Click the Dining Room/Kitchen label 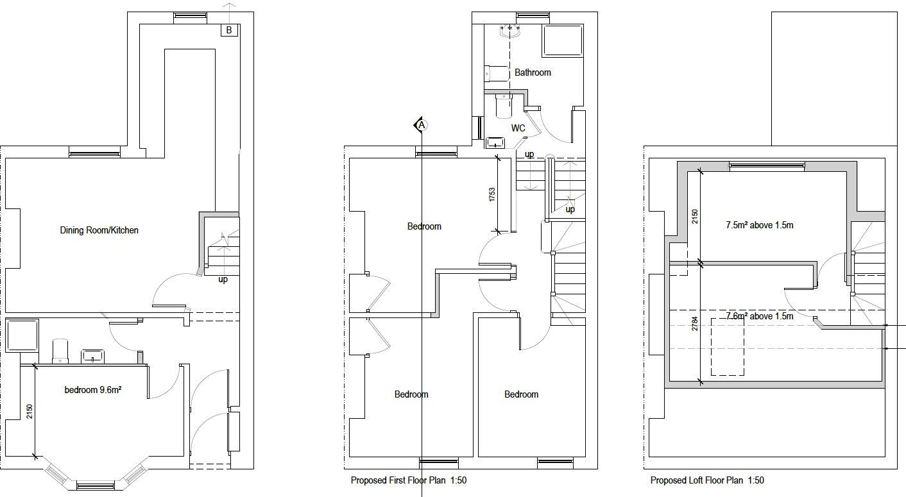click(99, 230)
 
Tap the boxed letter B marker click(229, 30)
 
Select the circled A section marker click(422, 125)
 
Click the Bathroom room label click(533, 72)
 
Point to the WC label click(518, 128)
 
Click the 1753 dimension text click(492, 195)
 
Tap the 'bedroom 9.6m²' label click(93, 390)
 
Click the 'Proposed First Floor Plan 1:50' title click(408, 480)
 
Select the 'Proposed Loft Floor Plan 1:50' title click(707, 480)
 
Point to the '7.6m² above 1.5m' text click(760, 316)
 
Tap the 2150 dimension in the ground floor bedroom click(29, 412)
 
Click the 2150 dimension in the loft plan click(694, 217)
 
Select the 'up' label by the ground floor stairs click(223, 280)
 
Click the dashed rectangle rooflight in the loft click(727, 346)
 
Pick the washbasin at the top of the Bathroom click(510, 29)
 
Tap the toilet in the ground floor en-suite click(60, 351)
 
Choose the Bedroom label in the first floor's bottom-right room click(521, 394)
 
